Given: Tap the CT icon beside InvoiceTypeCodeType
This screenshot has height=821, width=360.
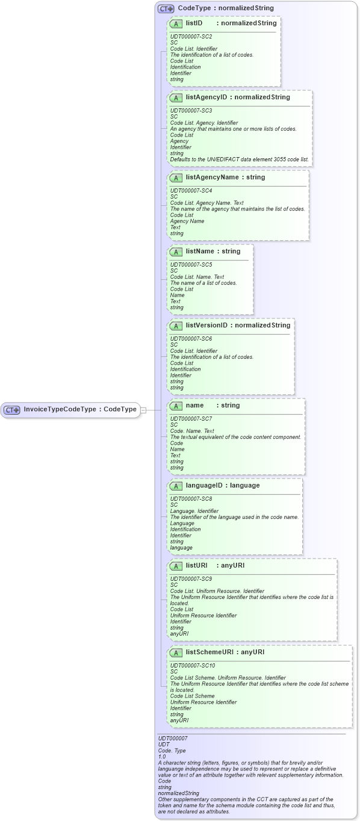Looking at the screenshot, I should pyautogui.click(x=12, y=410).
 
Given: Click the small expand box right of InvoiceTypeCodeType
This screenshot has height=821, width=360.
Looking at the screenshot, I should pyautogui.click(x=143, y=410).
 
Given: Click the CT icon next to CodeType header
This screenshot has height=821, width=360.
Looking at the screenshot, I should pyautogui.click(x=166, y=9).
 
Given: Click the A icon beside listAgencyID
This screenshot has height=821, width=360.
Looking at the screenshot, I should pyautogui.click(x=176, y=98).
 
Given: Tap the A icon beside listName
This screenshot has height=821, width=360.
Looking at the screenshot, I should pyautogui.click(x=176, y=252).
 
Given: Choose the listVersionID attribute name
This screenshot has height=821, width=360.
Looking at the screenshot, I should pyautogui.click(x=206, y=326).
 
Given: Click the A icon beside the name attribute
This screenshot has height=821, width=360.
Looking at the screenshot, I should pyautogui.click(x=176, y=406).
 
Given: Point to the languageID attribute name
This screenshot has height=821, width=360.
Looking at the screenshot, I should pyautogui.click(x=206, y=485).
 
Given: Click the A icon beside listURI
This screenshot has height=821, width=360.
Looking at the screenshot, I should pyautogui.click(x=176, y=566).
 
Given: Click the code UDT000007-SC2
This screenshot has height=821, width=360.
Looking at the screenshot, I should pyautogui.click(x=191, y=37).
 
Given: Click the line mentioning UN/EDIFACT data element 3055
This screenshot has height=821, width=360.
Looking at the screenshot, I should pyautogui.click(x=239, y=160).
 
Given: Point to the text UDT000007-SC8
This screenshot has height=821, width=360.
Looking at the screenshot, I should pyautogui.click(x=191, y=498).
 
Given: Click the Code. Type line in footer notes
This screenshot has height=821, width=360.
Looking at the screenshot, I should pyautogui.click(x=172, y=750).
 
